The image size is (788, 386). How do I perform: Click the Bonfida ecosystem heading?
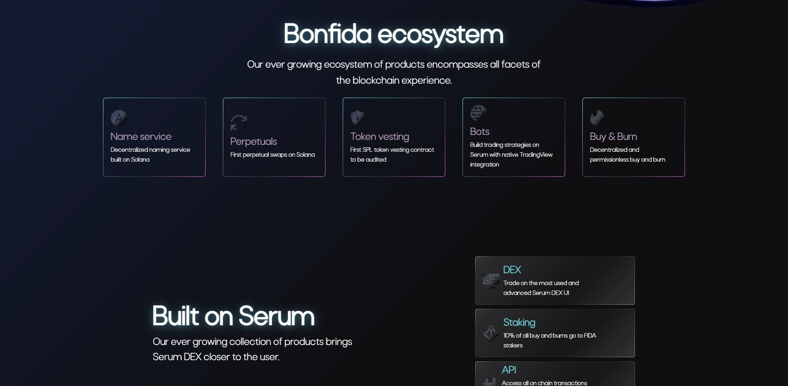[393, 34]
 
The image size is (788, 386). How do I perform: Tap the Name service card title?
[141, 137]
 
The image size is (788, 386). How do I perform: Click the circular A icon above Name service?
[119, 118]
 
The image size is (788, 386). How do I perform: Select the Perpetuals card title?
[253, 142]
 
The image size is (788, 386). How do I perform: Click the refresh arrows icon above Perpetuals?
[238, 123]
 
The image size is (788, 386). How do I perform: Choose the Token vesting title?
[379, 137]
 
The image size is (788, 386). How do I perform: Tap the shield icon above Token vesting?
[357, 118]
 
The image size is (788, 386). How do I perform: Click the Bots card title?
[479, 132]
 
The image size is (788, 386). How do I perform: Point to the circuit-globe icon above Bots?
[478, 113]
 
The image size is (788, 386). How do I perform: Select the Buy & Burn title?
[613, 137]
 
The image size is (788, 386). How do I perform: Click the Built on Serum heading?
[233, 316]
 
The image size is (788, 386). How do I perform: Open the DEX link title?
[512, 270]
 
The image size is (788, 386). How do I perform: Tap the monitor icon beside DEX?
[491, 281]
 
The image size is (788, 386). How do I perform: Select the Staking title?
[519, 322]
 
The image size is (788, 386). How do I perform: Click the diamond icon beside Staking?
[491, 333]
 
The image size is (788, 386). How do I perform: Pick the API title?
[509, 370]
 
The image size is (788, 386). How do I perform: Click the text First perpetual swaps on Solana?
[273, 155]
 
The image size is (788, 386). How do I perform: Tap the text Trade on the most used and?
[541, 283]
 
